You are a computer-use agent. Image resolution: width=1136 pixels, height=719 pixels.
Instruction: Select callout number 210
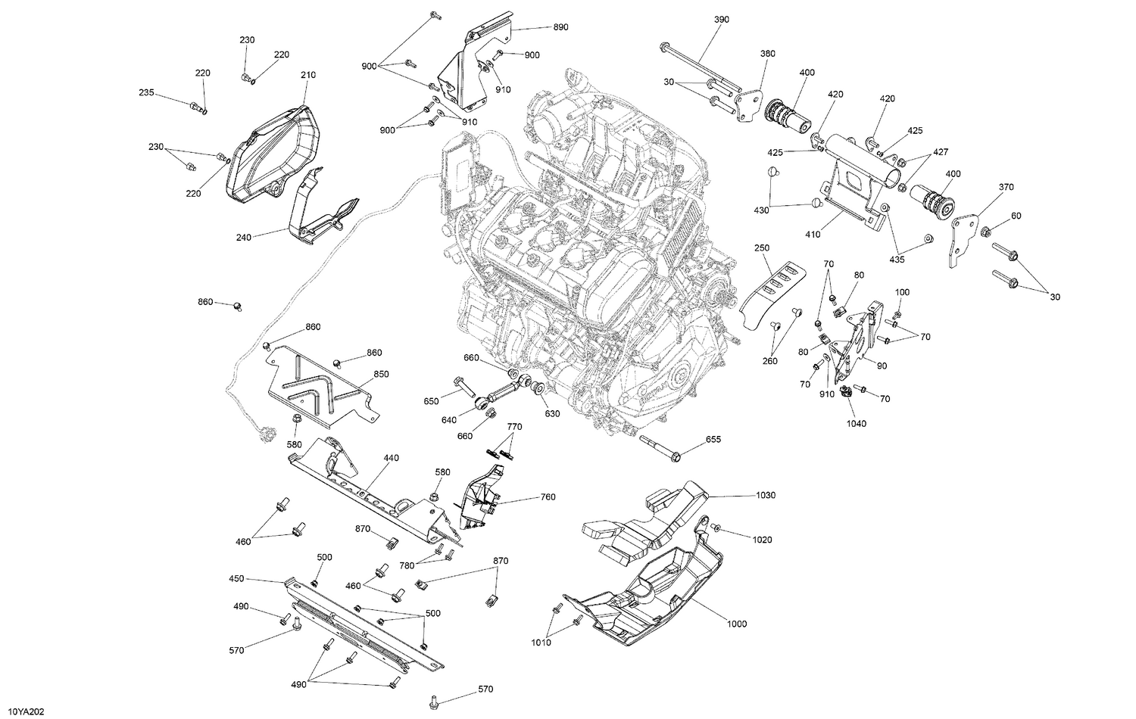(x=307, y=75)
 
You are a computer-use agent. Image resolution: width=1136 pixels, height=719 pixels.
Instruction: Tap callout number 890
(x=560, y=26)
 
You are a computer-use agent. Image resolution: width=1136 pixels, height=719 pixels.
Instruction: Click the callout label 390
(x=721, y=19)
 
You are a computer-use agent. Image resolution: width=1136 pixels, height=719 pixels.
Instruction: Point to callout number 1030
(x=766, y=495)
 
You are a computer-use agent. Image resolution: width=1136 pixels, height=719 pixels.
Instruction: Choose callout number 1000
(x=736, y=624)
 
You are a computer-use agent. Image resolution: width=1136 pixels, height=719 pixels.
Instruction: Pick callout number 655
(x=713, y=439)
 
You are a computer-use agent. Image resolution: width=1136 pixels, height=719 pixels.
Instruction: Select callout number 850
(x=381, y=374)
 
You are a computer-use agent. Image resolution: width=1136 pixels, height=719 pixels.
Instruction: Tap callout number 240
(x=243, y=237)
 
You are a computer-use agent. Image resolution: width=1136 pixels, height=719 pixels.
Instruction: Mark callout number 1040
(x=857, y=423)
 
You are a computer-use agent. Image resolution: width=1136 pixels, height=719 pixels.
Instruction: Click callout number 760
(x=548, y=497)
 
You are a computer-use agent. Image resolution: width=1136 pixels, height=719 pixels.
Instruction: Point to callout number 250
(x=762, y=247)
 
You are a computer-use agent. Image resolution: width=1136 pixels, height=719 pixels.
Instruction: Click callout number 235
(x=146, y=92)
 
